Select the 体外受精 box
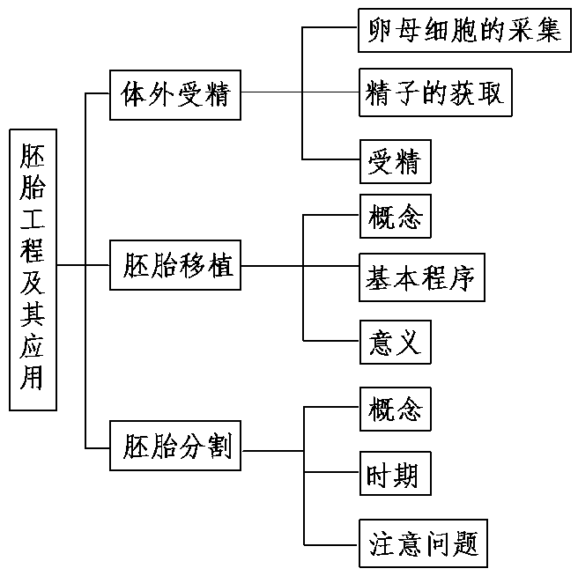pos(175,92)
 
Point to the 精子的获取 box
pos(434,93)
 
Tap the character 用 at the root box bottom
pos(33,380)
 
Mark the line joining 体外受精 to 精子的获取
pos(300,92)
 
